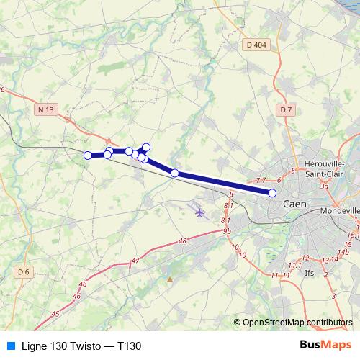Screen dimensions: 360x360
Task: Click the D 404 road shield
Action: [255, 45]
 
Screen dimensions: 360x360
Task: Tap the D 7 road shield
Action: [286, 109]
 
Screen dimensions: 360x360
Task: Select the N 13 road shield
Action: [45, 109]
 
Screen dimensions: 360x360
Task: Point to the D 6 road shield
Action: [23, 271]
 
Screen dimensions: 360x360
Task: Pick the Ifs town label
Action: [310, 273]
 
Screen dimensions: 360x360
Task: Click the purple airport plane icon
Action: [199, 212]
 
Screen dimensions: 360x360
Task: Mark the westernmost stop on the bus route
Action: [88, 156]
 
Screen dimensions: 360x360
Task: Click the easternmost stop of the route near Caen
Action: [272, 193]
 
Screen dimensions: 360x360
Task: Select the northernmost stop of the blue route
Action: [146, 147]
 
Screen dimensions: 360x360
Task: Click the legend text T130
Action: [129, 346]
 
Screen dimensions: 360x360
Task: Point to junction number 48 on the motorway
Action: [182, 241]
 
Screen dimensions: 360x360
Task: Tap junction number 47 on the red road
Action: [135, 260]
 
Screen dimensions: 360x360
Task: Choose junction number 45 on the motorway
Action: [55, 314]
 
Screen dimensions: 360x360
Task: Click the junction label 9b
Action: [227, 230]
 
